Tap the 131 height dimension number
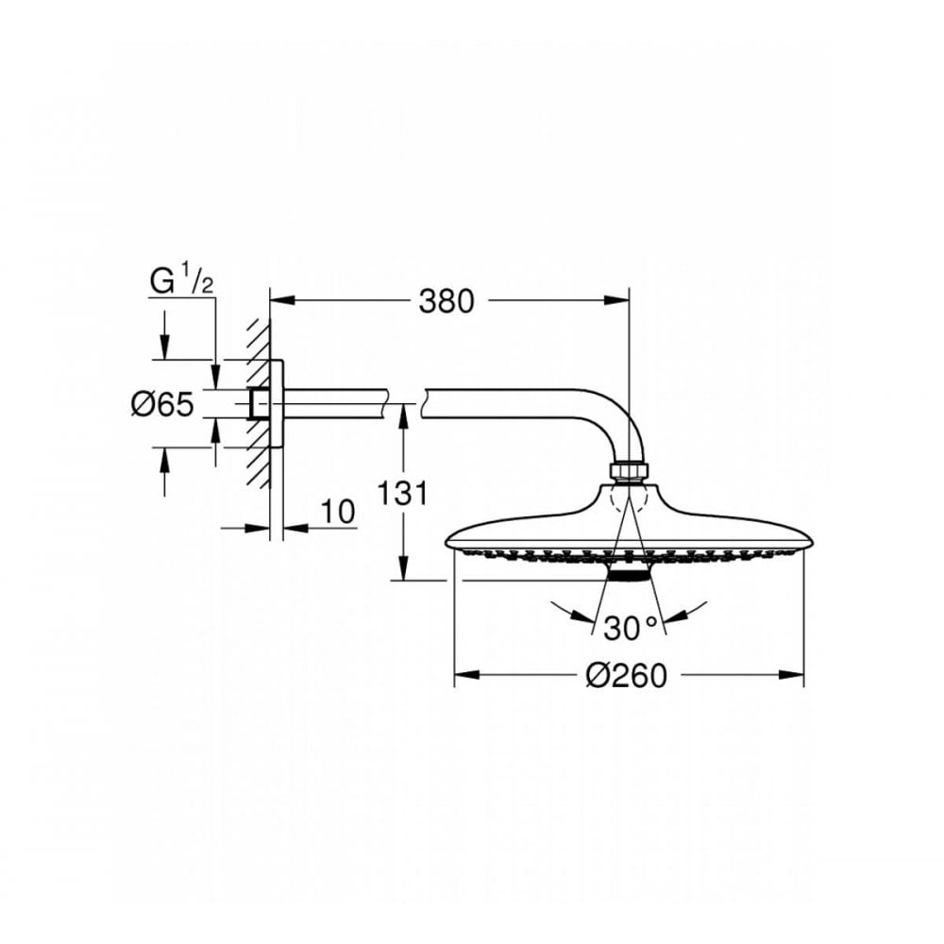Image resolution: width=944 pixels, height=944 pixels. coord(403,492)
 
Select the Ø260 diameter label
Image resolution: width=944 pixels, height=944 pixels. coord(626,675)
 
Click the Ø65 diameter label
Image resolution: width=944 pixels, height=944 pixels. coord(161,405)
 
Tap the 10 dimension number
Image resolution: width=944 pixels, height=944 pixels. coord(337,512)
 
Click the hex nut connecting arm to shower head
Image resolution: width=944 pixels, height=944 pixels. coord(628,470)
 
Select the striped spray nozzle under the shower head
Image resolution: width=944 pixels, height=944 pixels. coord(629,573)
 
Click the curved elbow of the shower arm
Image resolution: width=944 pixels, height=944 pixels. coord(618,415)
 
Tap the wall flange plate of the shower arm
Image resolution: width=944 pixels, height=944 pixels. coord(277,405)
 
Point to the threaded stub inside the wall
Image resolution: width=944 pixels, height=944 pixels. coord(255,405)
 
